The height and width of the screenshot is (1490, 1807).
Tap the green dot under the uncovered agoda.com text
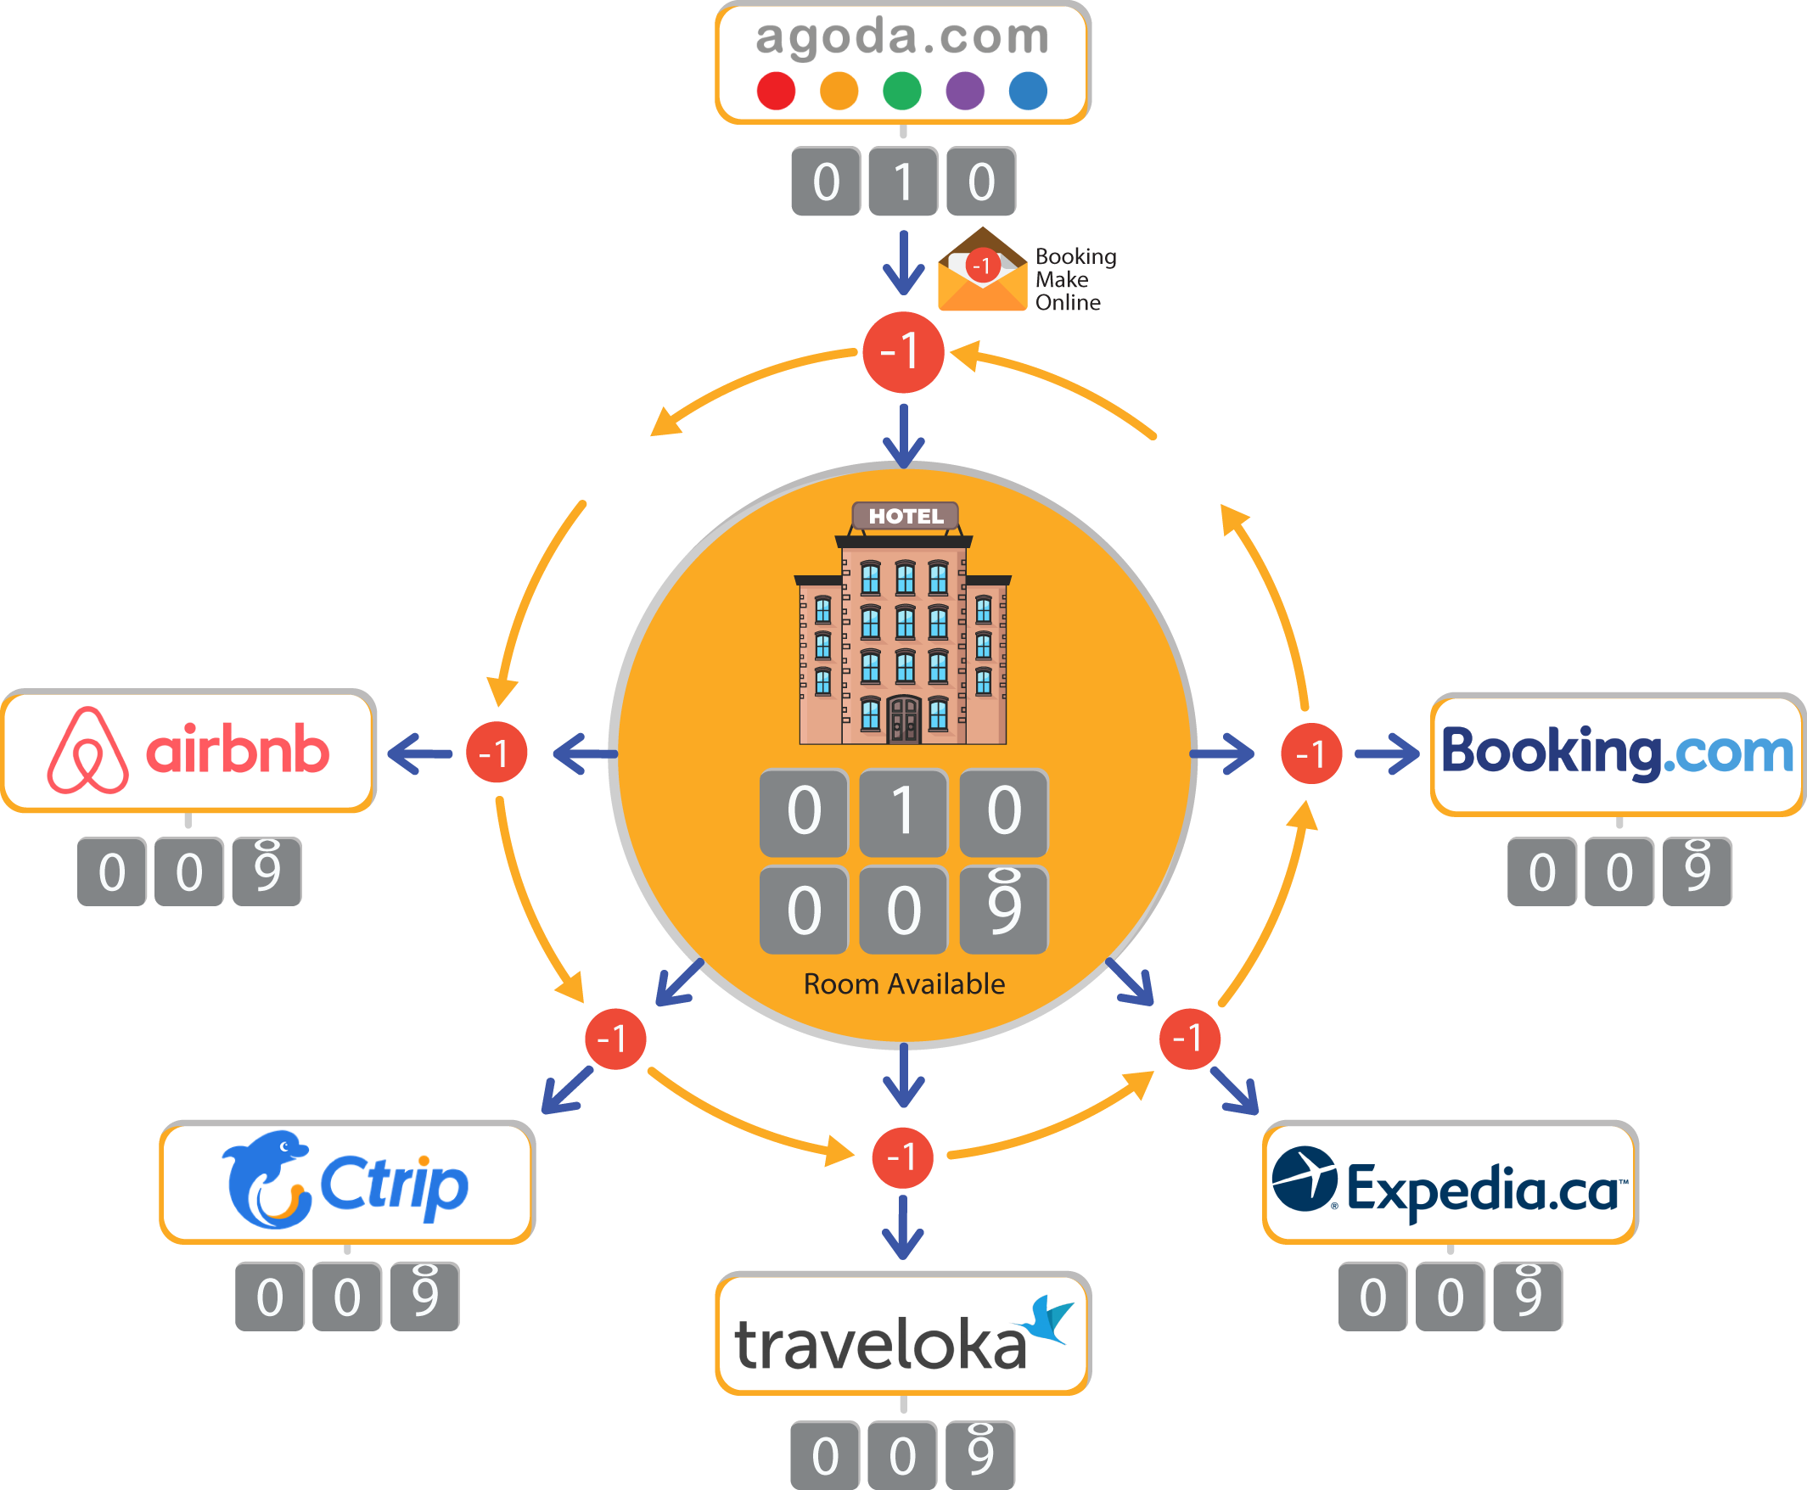pyautogui.click(x=902, y=91)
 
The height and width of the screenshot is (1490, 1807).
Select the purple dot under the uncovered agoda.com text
pyautogui.click(x=965, y=91)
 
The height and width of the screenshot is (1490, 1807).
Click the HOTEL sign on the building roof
pyautogui.click(x=906, y=516)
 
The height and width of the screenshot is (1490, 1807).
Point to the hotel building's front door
pyautogui.click(x=903, y=720)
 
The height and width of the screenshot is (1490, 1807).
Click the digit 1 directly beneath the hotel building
pyautogui.click(x=903, y=811)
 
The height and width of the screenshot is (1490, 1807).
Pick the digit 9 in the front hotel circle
pyautogui.click(x=1003, y=910)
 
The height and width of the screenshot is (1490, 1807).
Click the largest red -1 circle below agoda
pyautogui.click(x=903, y=352)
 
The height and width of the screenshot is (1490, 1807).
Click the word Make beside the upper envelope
pyautogui.click(x=1062, y=280)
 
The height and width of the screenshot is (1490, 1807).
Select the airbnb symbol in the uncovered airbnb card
pyautogui.click(x=87, y=751)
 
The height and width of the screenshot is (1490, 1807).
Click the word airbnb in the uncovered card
pyautogui.click(x=238, y=751)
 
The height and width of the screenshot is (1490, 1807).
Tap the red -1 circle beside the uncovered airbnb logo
pyautogui.click(x=497, y=753)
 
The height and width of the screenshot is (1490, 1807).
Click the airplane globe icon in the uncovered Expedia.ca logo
pyautogui.click(x=1304, y=1179)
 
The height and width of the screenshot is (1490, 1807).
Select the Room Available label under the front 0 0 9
pyautogui.click(x=904, y=983)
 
